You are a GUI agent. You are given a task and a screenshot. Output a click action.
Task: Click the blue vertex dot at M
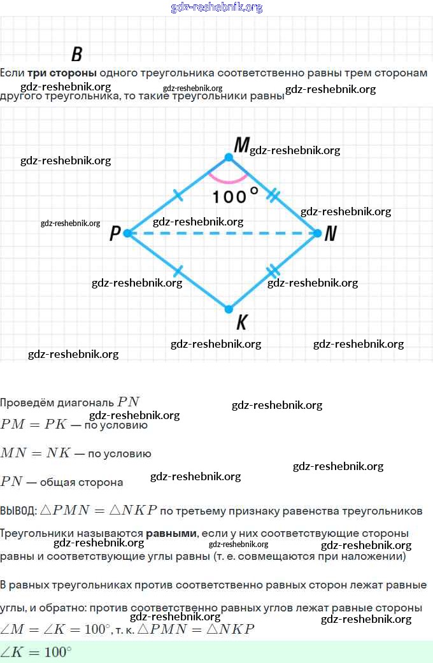click(229, 157)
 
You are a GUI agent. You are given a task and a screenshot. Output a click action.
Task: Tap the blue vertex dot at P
click(127, 233)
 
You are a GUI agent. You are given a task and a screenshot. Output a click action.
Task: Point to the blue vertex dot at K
click(229, 310)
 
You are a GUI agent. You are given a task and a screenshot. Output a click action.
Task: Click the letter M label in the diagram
click(241, 146)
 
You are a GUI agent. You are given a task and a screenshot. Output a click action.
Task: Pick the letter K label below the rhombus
click(241, 323)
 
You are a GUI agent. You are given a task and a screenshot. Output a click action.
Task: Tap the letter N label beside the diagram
click(330, 234)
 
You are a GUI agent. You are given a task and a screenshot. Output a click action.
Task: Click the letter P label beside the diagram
click(115, 234)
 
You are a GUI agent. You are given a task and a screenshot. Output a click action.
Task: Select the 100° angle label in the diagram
click(235, 196)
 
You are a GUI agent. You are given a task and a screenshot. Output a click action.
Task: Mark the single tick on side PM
click(178, 195)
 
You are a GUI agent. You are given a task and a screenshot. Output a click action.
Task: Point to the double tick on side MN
click(273, 195)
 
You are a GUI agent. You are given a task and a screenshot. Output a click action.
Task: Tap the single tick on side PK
click(178, 272)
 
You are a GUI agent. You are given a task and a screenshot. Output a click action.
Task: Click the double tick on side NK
click(273, 271)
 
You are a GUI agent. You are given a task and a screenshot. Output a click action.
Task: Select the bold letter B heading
click(76, 54)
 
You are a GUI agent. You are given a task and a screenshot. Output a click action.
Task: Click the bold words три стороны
click(62, 73)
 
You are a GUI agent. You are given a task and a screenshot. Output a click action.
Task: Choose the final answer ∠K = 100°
click(36, 652)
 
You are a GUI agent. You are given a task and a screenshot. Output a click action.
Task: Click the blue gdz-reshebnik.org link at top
click(216, 8)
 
